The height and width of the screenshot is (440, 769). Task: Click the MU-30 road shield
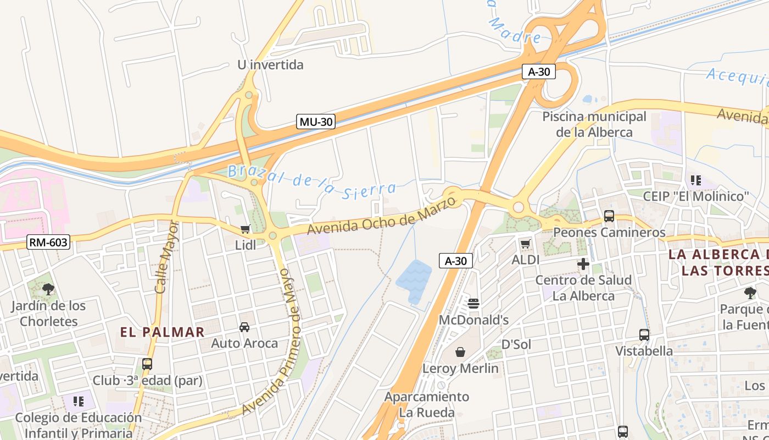coord(316,122)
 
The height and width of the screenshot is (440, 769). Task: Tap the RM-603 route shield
coord(48,242)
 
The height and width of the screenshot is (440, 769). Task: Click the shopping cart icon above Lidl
coord(245,229)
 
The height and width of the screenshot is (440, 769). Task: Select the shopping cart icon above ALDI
coord(525,244)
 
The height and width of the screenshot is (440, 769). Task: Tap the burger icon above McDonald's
coord(473,303)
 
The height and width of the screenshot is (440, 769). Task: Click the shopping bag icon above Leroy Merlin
coord(460,351)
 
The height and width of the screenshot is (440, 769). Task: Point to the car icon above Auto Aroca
coord(244,327)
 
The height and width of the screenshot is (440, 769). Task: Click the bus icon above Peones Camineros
coord(609,216)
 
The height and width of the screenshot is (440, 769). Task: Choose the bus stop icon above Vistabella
coord(644,334)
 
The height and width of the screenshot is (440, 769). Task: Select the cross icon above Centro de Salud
coord(583,265)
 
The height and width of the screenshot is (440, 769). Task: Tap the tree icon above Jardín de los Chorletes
coord(48,289)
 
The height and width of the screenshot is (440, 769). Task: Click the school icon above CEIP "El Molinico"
coord(696,180)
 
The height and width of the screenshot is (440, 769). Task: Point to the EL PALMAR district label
coord(162,332)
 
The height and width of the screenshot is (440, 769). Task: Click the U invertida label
coord(270,65)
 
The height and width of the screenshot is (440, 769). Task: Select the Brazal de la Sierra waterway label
coord(311,180)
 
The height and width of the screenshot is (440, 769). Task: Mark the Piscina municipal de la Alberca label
coord(594,124)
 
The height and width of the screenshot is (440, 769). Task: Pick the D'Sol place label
coord(516,344)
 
